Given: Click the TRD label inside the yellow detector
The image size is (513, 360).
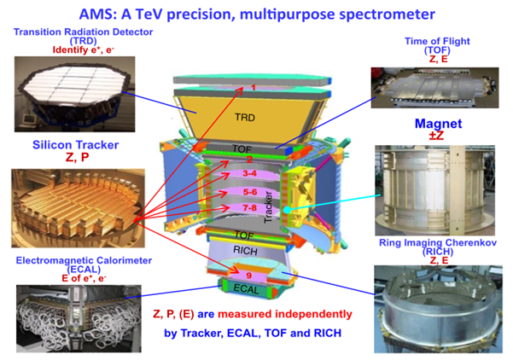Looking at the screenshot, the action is (x=245, y=117).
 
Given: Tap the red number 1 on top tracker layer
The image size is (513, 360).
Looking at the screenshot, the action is (x=253, y=87).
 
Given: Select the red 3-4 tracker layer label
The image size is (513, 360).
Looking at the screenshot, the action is (x=249, y=173).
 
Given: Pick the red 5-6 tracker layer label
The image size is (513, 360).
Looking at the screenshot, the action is (x=250, y=192).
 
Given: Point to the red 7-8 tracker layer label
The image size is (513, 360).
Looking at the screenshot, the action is (x=249, y=207).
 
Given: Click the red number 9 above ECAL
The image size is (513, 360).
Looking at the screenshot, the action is (x=249, y=276).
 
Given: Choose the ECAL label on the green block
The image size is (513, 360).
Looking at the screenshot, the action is (x=246, y=289).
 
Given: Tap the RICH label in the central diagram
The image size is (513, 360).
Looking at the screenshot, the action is (x=245, y=251).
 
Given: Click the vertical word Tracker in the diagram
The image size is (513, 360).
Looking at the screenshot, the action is (x=268, y=207).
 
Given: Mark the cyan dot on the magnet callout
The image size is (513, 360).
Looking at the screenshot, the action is (x=287, y=210).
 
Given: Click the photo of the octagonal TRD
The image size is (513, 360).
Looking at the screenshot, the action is (x=74, y=94).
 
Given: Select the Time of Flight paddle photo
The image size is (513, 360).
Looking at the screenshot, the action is (x=434, y=88).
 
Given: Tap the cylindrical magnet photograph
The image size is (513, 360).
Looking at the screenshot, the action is (x=434, y=190).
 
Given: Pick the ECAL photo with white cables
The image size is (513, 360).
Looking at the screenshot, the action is (x=79, y=318).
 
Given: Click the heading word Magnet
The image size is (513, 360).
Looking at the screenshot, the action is (x=439, y=124).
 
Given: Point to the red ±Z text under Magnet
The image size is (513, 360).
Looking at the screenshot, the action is (x=436, y=136).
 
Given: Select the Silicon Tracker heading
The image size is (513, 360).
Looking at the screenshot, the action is (x=76, y=145).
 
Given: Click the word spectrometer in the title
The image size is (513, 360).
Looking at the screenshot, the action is (x=387, y=15).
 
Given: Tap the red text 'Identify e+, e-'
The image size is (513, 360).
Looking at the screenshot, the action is (x=83, y=49).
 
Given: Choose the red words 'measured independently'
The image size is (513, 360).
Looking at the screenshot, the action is (x=285, y=314).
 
